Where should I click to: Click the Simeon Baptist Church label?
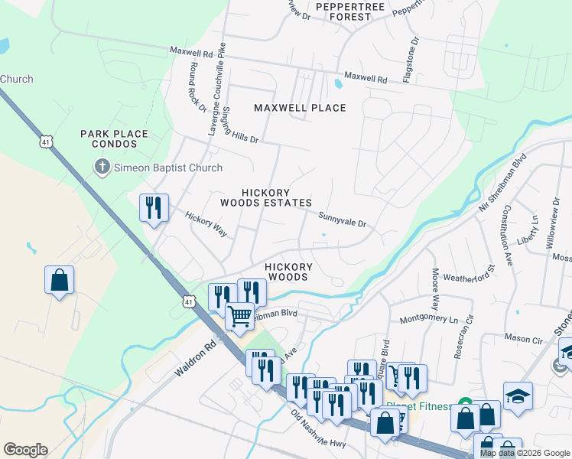pos(168,168)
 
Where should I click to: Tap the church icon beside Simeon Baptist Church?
pos(102,168)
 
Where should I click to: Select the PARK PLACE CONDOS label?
pos(114,138)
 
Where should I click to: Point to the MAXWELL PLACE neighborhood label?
pos(300,108)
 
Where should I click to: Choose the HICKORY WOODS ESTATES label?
pos(265,197)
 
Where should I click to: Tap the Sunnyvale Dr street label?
pos(343,220)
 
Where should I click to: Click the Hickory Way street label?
pos(207,224)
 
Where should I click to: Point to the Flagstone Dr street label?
pos(415,58)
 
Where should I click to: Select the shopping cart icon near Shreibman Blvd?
pos(239,315)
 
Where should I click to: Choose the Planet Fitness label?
pos(420,406)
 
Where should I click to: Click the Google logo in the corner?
pos(25,449)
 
